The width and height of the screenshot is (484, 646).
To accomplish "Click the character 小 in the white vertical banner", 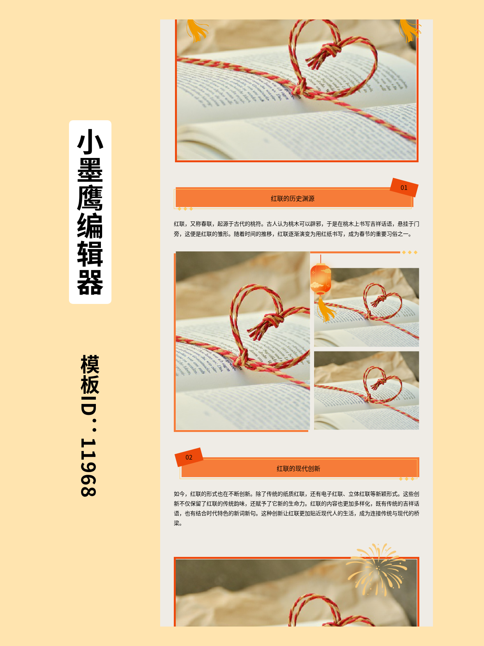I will coord(90,141).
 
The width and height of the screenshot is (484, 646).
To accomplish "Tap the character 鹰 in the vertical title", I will coord(90,198).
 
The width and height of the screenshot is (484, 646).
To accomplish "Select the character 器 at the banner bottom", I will coord(90,283).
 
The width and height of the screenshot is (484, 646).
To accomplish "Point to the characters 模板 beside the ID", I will coord(90,374).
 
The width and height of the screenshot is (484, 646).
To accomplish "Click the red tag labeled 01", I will coord(404,188).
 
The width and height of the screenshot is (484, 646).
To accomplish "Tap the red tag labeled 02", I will coord(189,457).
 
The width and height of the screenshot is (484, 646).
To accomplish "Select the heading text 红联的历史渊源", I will coord(293,198).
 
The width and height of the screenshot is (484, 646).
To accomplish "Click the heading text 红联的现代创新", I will coord(299,469).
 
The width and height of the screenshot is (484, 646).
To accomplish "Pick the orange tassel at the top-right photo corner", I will coord(409,29).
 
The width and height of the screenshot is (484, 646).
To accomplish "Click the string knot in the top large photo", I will coord(300,88).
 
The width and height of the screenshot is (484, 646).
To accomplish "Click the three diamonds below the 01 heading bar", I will coord(185,209).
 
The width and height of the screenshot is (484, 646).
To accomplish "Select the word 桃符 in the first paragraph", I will coord(256,224).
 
